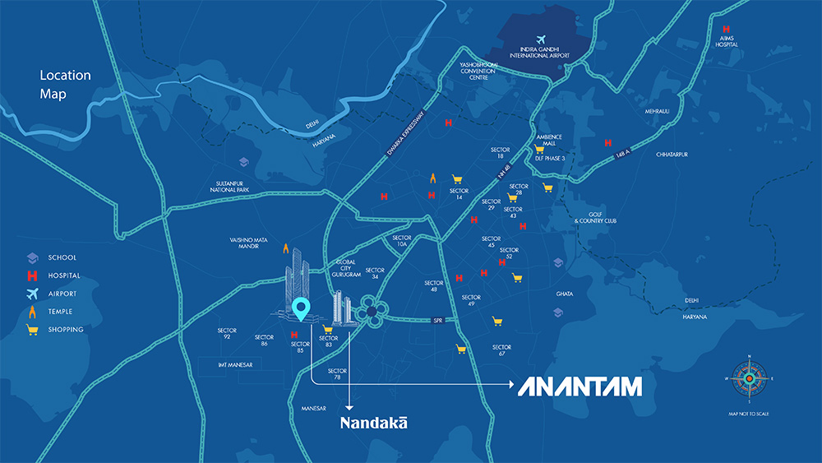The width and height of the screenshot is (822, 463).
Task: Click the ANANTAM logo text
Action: (580, 387)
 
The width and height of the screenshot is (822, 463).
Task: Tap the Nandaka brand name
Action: (374, 422)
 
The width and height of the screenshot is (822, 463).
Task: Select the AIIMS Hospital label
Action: (726, 41)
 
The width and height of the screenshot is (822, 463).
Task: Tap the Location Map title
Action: (65, 85)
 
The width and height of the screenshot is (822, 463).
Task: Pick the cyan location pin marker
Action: (302, 309)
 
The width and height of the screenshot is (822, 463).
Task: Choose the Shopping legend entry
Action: (65, 330)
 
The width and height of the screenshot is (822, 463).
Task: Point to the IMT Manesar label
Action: (235, 363)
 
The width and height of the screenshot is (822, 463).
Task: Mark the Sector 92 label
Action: (227, 334)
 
